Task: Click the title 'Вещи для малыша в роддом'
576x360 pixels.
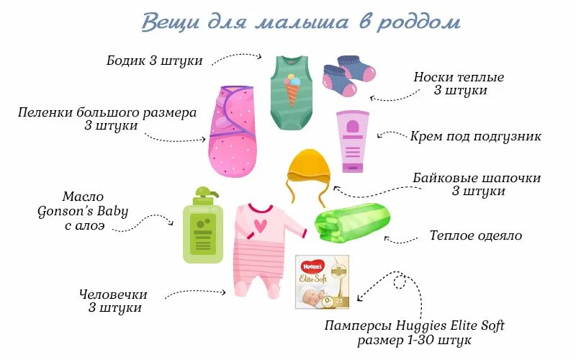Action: point(300,22)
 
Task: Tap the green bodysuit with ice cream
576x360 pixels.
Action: point(292,90)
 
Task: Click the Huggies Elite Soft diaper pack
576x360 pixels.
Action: point(323,282)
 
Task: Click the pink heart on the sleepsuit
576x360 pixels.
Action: point(259,225)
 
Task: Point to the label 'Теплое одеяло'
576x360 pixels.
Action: point(475,235)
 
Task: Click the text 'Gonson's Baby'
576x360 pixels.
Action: point(84,211)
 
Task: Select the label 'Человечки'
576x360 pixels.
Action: point(114,294)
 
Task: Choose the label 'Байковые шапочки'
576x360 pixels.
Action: point(477,178)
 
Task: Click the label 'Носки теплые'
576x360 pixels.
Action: point(459,77)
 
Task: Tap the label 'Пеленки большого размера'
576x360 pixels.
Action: point(107,113)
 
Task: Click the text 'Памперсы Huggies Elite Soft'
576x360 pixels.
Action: point(414,325)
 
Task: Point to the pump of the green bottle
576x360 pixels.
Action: point(204,193)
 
